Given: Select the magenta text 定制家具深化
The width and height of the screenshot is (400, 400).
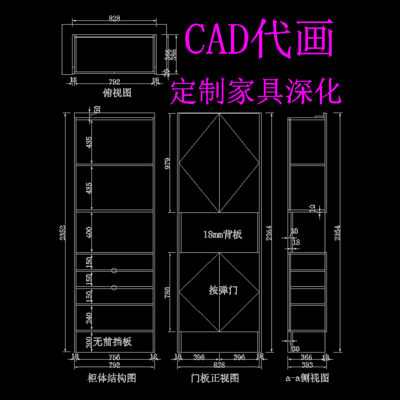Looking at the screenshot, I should point(255,92).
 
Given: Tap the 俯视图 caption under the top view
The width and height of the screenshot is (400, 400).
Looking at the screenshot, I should point(116,92).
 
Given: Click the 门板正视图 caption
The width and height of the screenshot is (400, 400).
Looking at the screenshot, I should point(217,377).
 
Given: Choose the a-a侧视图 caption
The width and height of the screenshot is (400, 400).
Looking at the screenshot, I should point(307,377).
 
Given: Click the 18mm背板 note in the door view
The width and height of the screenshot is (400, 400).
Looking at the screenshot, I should point(222,234).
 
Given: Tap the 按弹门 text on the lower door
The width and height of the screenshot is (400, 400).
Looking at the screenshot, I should point(223,290).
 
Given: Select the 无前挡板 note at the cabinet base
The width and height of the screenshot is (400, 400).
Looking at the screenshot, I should point(112,342).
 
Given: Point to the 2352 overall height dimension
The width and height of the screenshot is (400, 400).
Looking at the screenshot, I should point(62,232).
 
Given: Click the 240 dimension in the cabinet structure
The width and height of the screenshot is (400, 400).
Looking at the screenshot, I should point(89,316).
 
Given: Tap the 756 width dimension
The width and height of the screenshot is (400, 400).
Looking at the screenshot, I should point(114,356).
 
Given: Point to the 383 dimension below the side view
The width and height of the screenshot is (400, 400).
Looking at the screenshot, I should point(307,364).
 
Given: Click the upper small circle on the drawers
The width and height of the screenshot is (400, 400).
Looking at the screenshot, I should point(114,270).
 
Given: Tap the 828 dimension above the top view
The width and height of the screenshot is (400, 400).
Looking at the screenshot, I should point(114,18).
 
